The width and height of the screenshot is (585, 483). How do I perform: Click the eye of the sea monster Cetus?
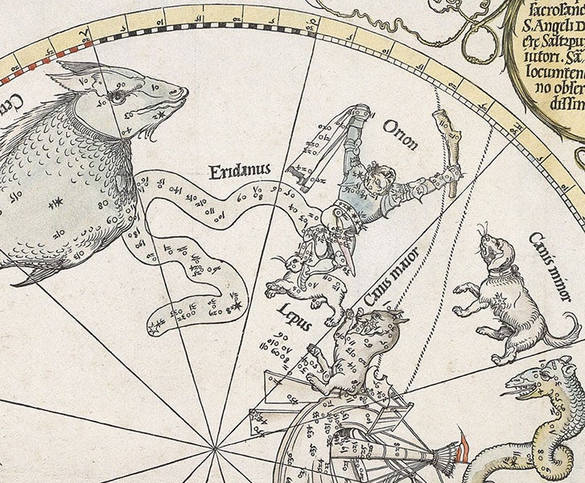point(118,97)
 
